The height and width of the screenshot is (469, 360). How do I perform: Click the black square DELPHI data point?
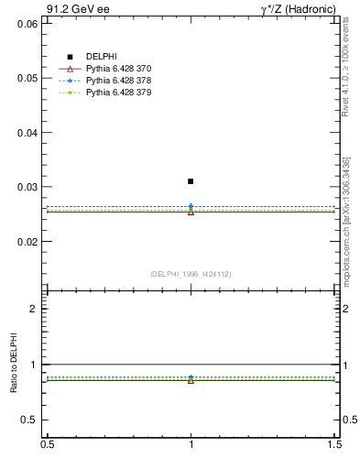coord(191,181)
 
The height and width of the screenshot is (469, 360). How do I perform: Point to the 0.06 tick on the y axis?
coord(27,23)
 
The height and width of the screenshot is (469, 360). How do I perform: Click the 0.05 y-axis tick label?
coord(27,78)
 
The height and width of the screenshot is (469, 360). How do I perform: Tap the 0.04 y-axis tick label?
coord(27,132)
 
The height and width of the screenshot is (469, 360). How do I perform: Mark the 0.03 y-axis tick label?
coord(27,187)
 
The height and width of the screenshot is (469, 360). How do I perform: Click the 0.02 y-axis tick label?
coord(27,242)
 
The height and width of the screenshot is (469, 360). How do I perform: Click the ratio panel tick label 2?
coord(33,309)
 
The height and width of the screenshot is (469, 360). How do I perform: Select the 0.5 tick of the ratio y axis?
coord(29,420)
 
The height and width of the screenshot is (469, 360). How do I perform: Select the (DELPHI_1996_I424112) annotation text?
coord(191,273)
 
